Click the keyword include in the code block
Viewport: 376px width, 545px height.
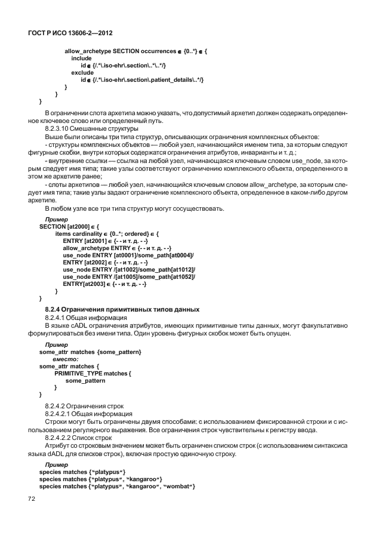point(81,58)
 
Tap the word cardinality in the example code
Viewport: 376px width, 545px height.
point(90,234)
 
